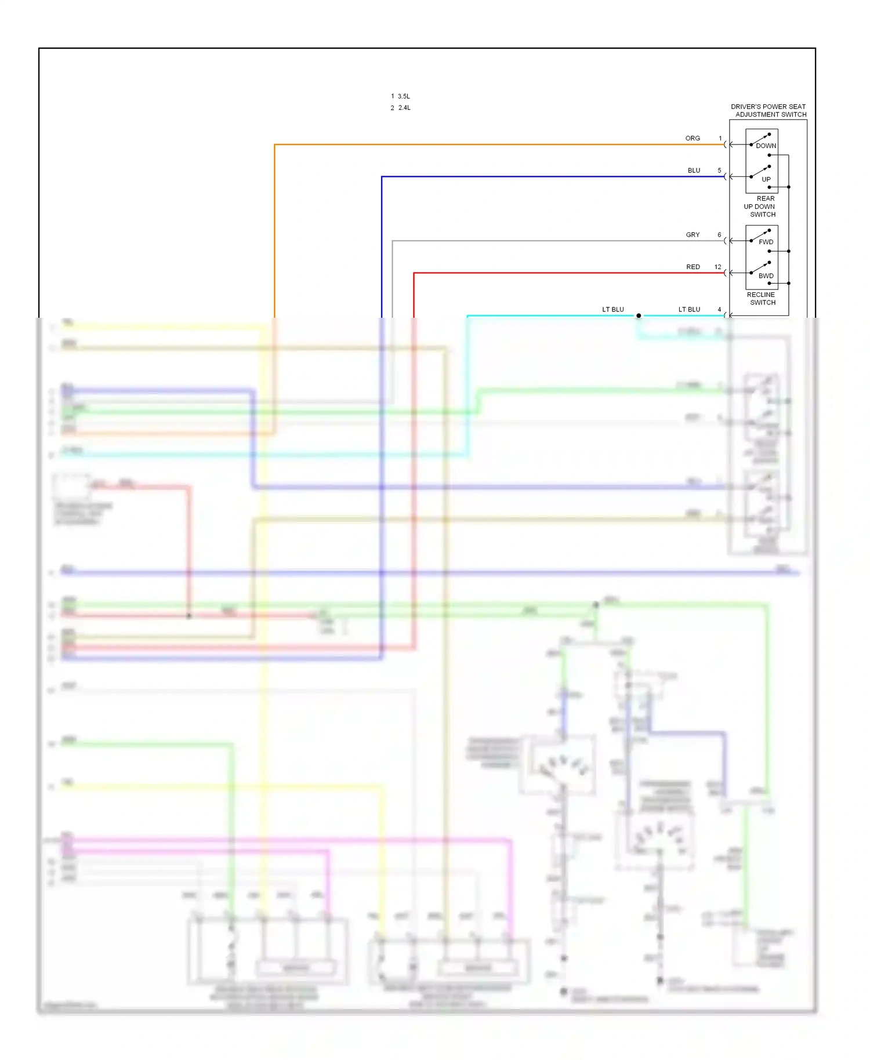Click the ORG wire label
coord(693,138)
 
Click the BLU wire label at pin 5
coord(694,170)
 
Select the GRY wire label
coord(693,235)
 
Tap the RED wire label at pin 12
coord(693,267)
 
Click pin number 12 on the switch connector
coord(717,267)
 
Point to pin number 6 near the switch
coord(719,235)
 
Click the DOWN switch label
coord(766,146)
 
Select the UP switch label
coord(766,179)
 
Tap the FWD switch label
coord(766,242)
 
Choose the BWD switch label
coord(766,276)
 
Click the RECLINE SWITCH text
coord(762,299)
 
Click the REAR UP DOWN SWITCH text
coord(760,206)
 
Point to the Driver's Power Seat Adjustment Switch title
coord(768,111)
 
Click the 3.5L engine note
coord(403,96)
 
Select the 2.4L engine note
coord(404,108)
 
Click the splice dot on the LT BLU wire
coord(639,316)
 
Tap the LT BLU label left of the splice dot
coord(612,310)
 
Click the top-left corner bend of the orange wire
coord(275,145)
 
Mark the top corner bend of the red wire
coord(414,273)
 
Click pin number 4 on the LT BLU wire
coord(719,310)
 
